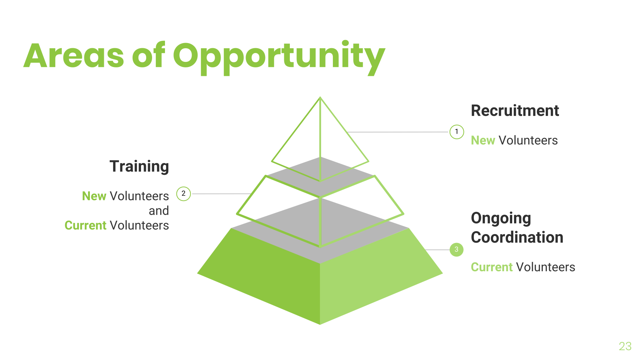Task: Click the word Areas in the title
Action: point(74,56)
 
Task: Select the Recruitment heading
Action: point(515,111)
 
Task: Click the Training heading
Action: point(139,166)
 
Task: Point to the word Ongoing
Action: point(501,219)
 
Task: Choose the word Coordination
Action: point(517,237)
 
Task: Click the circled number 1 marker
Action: point(457,132)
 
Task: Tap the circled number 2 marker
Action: point(183,194)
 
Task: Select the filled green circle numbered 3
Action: point(456,250)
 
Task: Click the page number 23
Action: point(625,346)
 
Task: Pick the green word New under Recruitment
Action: point(483,141)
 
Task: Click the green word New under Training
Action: point(94,196)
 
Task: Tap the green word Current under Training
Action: point(85,225)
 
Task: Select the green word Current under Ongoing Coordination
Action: point(492,267)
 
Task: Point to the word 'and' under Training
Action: point(159,211)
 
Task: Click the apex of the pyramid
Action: point(320,98)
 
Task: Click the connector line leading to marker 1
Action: point(398,132)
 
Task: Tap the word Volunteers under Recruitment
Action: point(528,141)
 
